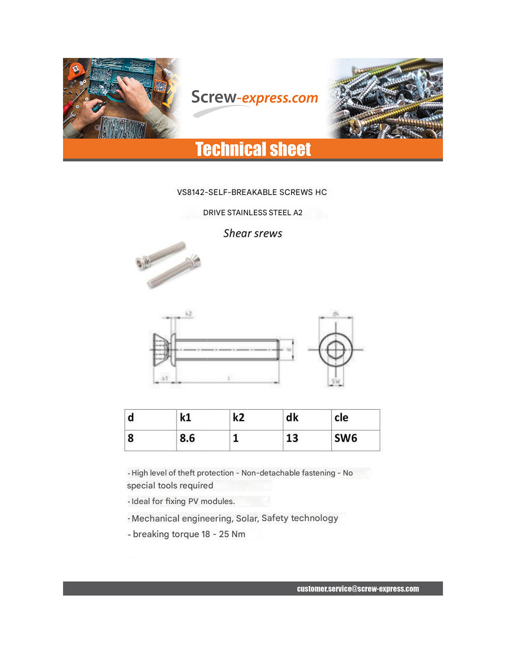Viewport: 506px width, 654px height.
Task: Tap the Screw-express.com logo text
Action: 254,98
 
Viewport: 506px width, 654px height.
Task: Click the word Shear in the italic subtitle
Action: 237,234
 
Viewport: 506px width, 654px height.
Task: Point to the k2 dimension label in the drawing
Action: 189,314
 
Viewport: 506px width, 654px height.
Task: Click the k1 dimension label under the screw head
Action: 164,378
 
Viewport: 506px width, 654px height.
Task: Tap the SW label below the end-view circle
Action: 336,381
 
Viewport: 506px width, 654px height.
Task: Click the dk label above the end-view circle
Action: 336,314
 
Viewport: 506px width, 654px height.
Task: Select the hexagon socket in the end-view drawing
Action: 336,350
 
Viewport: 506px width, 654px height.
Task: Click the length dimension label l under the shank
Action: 229,378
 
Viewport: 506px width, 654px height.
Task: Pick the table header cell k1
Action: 185,418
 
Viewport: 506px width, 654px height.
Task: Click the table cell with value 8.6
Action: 187,438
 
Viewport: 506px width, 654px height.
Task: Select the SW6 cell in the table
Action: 345,438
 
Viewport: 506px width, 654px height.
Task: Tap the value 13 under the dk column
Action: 292,438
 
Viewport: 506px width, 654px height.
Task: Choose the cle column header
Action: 341,418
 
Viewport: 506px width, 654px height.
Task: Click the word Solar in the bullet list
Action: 247,518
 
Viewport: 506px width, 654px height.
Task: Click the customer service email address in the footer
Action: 357,589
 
